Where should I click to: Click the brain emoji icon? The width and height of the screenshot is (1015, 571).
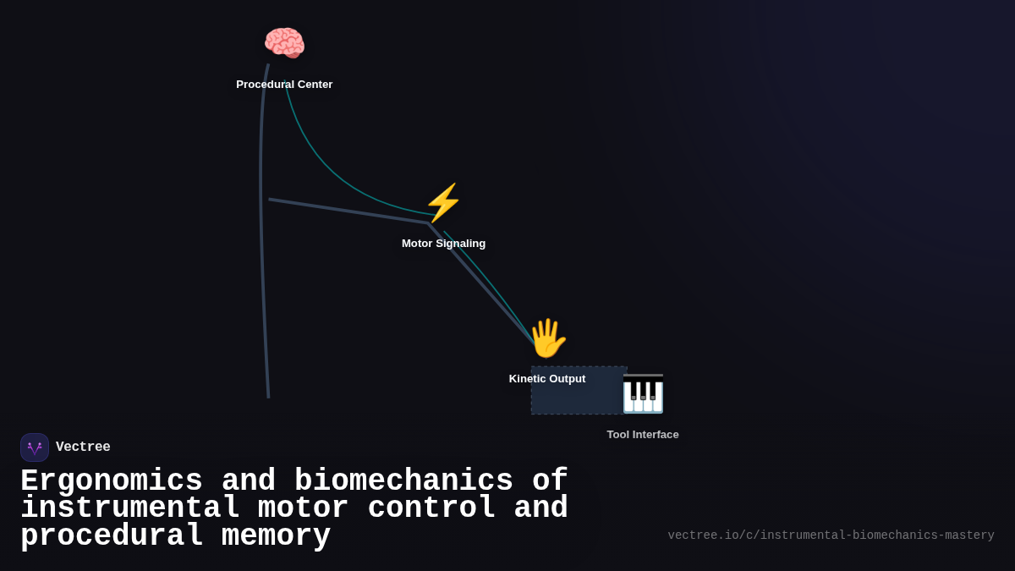coord(284,43)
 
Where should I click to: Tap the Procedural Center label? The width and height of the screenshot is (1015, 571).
coord(284,85)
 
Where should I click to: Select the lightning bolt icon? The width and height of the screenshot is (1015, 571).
coord(443,203)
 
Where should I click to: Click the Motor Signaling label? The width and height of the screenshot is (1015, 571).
coord(443,244)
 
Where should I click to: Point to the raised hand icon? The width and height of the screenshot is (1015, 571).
coord(547,338)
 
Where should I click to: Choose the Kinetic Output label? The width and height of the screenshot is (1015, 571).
coord(547,379)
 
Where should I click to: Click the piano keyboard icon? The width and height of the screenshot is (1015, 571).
coord(643,394)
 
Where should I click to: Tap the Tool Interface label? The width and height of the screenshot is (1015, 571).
coord(643,435)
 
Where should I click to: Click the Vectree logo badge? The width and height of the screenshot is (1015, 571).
coord(35,447)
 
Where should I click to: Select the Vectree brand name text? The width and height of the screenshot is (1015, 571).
coord(83,447)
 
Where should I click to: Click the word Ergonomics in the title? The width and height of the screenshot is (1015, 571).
coord(112,481)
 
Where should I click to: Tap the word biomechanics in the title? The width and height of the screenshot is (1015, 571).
coord(403,481)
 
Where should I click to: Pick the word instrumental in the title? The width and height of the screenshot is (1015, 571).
coord(129,508)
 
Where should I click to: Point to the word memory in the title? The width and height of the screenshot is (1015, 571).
coord(277,536)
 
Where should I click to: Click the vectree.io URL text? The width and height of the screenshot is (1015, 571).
coord(831,535)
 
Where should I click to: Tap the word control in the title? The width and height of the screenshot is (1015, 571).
coord(431,508)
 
